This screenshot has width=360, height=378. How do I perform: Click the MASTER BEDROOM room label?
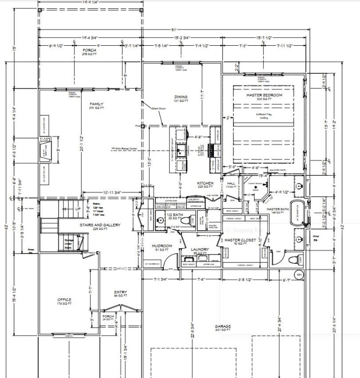(x=264, y=95)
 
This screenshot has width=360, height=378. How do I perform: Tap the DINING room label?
(x=182, y=96)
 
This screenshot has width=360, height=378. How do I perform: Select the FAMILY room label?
(x=96, y=104)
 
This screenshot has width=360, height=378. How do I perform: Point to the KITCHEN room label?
(x=205, y=183)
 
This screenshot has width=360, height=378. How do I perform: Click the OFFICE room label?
(x=64, y=300)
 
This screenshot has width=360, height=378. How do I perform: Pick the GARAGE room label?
(x=223, y=326)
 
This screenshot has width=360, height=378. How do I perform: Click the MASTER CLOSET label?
(x=238, y=240)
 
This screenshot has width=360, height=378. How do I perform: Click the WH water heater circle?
(x=299, y=274)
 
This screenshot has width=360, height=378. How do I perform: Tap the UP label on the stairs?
(x=78, y=209)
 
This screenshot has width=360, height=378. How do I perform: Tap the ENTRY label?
(x=120, y=292)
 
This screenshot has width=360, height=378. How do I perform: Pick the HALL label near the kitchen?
(x=229, y=183)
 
